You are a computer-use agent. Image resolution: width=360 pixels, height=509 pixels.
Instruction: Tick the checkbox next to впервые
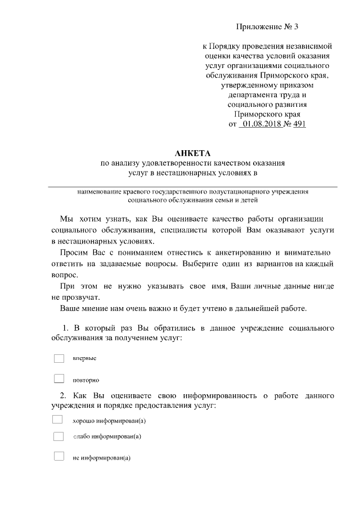pos(59,358)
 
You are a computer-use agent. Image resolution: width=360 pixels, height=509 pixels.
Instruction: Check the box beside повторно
pos(59,379)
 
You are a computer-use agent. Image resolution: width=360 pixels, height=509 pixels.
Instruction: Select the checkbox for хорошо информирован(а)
pos(57,420)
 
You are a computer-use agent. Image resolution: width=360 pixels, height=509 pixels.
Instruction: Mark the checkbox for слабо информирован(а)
pos(58,436)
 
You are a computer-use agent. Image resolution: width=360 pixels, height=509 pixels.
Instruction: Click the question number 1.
pos(65,328)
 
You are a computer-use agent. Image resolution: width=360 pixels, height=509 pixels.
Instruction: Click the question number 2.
pos(64,396)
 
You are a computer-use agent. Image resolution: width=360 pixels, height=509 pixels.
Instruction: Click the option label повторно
pos(86,380)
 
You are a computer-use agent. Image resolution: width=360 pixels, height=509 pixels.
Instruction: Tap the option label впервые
pos(85,359)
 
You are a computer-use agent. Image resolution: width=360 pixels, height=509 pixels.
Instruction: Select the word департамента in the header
pos(250,95)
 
